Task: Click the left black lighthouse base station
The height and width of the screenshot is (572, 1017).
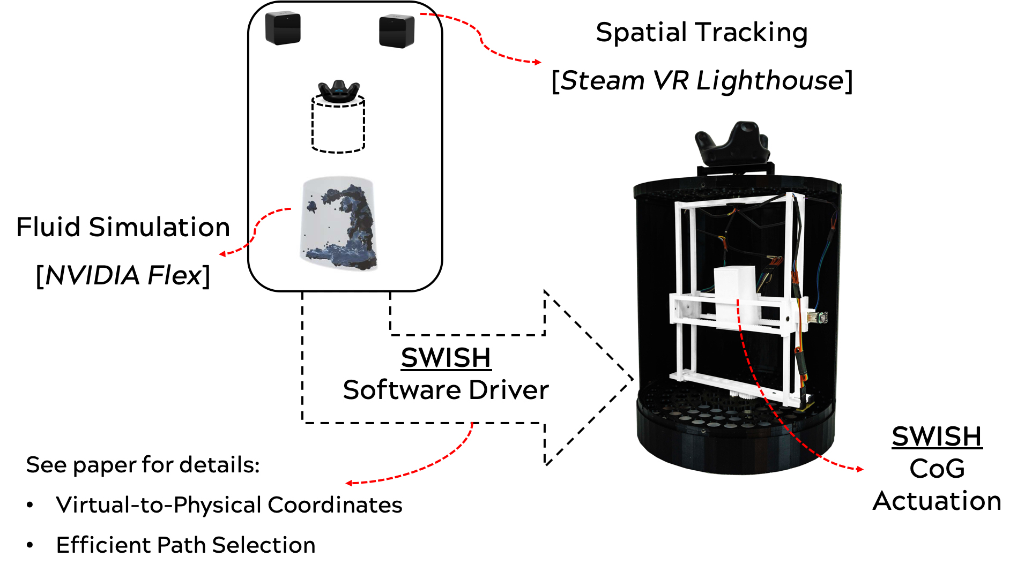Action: pyautogui.click(x=283, y=28)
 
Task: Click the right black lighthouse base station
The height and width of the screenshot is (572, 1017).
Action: pyautogui.click(x=397, y=31)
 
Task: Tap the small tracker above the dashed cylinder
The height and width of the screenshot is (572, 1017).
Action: pyautogui.click(x=339, y=92)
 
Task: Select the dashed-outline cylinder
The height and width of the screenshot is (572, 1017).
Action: pyautogui.click(x=338, y=124)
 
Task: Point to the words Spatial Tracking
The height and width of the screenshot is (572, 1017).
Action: pyautogui.click(x=702, y=33)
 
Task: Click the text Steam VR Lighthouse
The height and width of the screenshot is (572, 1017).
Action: pyautogui.click(x=702, y=81)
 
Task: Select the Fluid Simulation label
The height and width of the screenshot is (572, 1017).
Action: pyautogui.click(x=123, y=227)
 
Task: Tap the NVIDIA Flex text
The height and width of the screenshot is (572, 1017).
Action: pyautogui.click(x=123, y=275)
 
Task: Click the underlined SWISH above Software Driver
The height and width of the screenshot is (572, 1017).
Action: pyautogui.click(x=446, y=358)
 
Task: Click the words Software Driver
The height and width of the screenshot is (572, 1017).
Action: pyautogui.click(x=446, y=390)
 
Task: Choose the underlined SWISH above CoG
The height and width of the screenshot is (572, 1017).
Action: pyautogui.click(x=937, y=436)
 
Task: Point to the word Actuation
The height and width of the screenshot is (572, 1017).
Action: pyautogui.click(x=937, y=501)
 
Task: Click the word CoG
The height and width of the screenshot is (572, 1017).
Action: pyautogui.click(x=937, y=469)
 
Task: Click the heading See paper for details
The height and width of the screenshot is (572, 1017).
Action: pyautogui.click(x=143, y=465)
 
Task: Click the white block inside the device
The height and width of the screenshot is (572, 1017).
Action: pyautogui.click(x=735, y=292)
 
